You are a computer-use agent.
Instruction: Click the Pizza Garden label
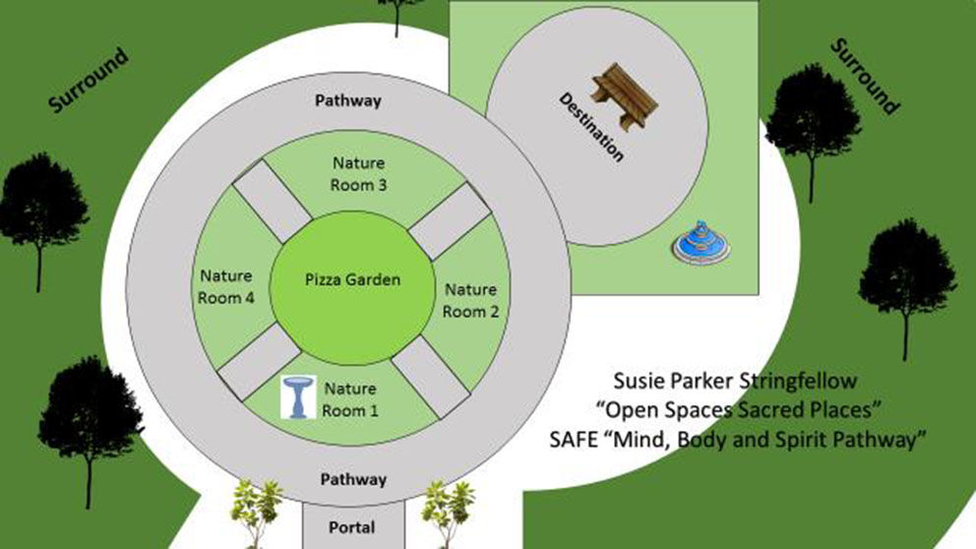click(350, 280)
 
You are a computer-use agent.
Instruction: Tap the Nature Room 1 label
click(350, 399)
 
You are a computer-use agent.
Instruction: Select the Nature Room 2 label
click(471, 301)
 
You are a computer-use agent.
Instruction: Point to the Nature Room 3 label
click(358, 172)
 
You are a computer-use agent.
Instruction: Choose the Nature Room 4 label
click(226, 286)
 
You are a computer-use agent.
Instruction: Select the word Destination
click(591, 127)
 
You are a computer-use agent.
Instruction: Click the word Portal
click(352, 528)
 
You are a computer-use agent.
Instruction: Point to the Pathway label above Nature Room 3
click(347, 100)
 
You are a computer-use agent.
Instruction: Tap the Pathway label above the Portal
click(353, 479)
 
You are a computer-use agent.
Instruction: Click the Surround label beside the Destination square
click(865, 77)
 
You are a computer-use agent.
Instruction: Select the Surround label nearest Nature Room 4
click(89, 80)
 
